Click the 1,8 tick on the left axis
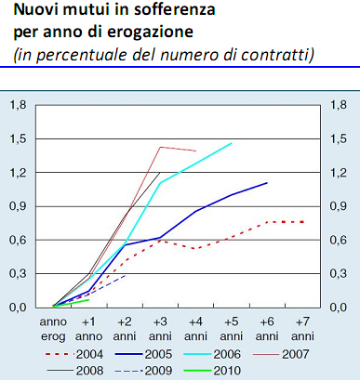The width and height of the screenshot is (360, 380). pyautogui.click(x=18, y=105)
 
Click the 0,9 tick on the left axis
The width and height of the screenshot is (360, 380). pyautogui.click(x=18, y=206)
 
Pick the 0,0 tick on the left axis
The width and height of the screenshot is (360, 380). pyautogui.click(x=18, y=307)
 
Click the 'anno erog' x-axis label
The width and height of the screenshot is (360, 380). pyautogui.click(x=52, y=327)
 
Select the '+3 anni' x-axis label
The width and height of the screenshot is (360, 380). pyautogui.click(x=159, y=327)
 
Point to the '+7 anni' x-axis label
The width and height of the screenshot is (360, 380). pyautogui.click(x=301, y=327)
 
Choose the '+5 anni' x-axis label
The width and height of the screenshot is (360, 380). pyautogui.click(x=231, y=327)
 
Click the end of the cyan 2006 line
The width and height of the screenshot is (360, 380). pyautogui.click(x=232, y=143)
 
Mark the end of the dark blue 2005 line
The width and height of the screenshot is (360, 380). pyautogui.click(x=267, y=183)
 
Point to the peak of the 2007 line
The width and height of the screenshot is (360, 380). pyautogui.click(x=161, y=147)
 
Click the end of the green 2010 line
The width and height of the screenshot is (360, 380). pyautogui.click(x=89, y=299)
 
